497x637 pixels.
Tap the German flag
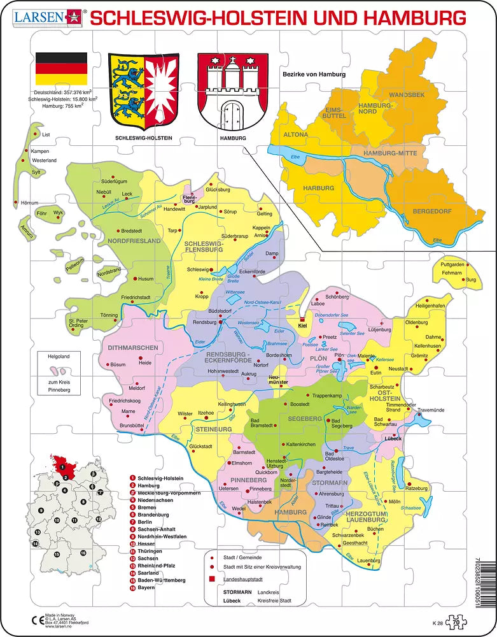point(61,69)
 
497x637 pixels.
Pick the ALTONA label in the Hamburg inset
point(295,135)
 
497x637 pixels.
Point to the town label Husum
point(146,279)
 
